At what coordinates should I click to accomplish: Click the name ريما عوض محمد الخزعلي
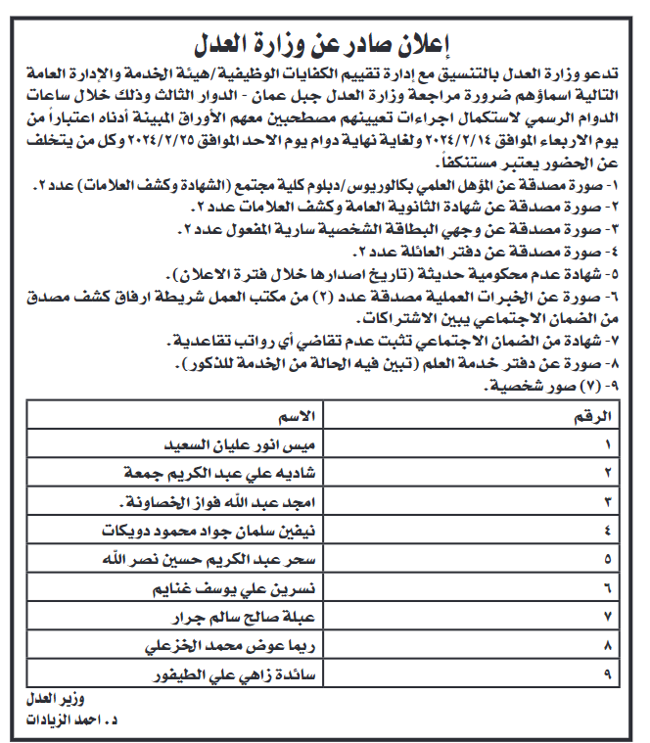(x=238, y=647)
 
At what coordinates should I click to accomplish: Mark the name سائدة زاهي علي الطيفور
(x=235, y=676)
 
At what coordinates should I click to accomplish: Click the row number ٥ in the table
(x=607, y=561)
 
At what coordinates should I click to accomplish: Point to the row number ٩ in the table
(x=607, y=676)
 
